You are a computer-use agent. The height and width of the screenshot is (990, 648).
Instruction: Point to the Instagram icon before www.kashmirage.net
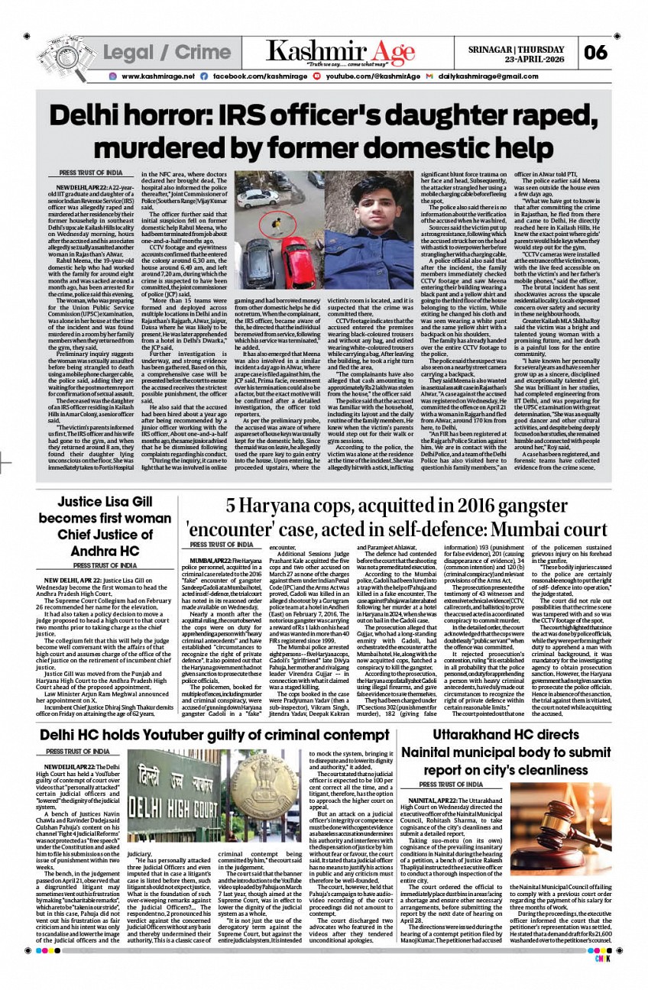112,77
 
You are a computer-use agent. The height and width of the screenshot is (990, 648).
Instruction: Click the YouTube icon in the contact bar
317,77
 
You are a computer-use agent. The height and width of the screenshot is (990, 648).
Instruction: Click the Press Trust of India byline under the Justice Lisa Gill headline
105,565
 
